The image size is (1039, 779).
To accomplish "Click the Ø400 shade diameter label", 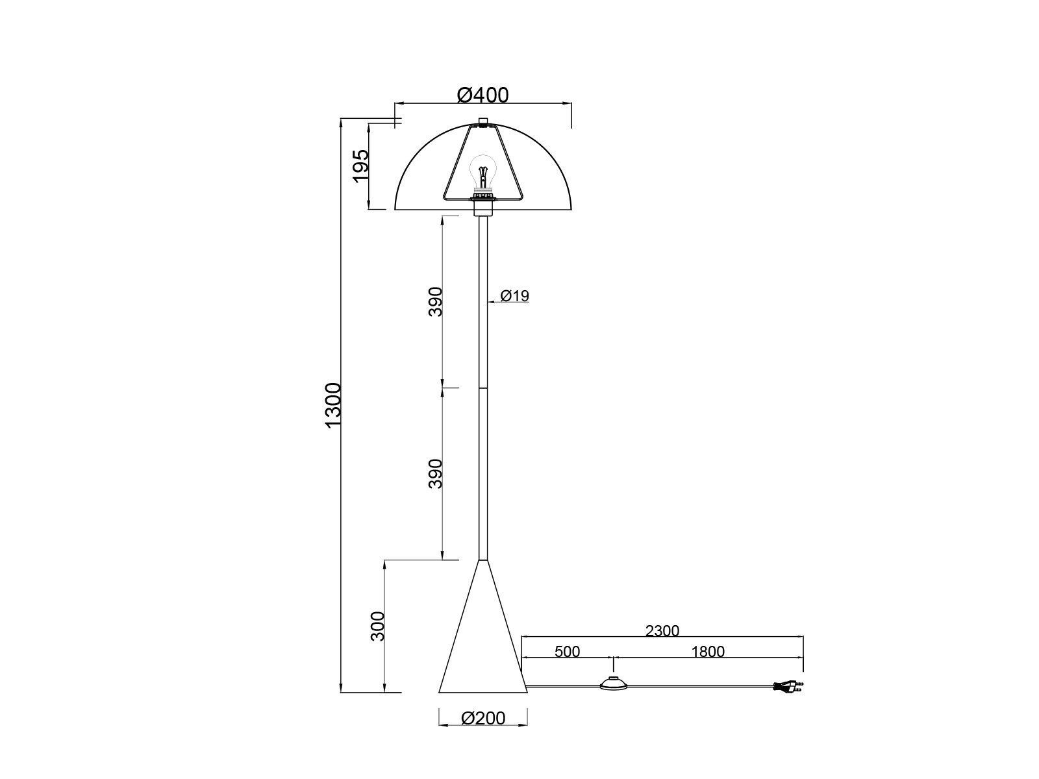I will pyautogui.click(x=482, y=95).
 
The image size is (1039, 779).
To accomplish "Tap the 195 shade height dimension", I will pyautogui.click(x=361, y=166).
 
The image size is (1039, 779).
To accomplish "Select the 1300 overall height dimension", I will pyautogui.click(x=333, y=406).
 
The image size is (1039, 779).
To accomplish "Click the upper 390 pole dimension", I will pyautogui.click(x=435, y=301).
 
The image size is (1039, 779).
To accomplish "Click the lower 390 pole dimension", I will pyautogui.click(x=435, y=473).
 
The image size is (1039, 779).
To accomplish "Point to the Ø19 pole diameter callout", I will pyautogui.click(x=515, y=296).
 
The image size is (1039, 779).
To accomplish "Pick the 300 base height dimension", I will pyautogui.click(x=378, y=626).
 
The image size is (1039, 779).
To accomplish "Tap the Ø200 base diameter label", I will pyautogui.click(x=482, y=718).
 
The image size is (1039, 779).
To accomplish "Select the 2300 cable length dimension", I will pyautogui.click(x=662, y=631).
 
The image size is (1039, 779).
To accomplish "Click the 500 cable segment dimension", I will pyautogui.click(x=567, y=651).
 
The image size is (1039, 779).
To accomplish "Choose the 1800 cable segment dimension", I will pyautogui.click(x=708, y=651).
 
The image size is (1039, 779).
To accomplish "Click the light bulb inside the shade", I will pyautogui.click(x=482, y=171).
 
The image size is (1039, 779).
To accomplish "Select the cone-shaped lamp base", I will pyautogui.click(x=482, y=649).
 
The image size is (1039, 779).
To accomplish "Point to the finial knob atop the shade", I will pyautogui.click(x=483, y=121).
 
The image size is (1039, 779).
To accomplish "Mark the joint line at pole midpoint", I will pyautogui.click(x=482, y=388).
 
